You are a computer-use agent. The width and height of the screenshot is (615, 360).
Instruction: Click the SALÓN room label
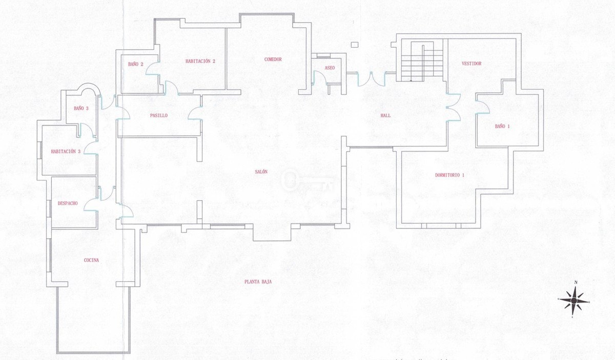click(x=261, y=172)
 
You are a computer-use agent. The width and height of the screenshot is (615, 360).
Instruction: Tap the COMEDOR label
click(x=273, y=59)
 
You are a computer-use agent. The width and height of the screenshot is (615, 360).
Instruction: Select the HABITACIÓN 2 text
click(x=200, y=61)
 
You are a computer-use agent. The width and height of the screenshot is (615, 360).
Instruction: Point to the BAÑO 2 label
click(x=136, y=64)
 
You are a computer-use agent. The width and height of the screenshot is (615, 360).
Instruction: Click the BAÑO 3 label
click(x=81, y=109)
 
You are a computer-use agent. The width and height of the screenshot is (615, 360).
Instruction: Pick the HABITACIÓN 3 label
click(x=66, y=152)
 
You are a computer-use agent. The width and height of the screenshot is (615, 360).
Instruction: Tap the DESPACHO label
click(x=68, y=203)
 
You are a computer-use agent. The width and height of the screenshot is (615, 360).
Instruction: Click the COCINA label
click(x=91, y=260)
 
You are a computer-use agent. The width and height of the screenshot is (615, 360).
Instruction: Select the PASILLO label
click(x=159, y=116)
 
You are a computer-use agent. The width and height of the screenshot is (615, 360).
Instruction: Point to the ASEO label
click(x=330, y=68)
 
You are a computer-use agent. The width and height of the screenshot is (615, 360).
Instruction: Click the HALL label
click(x=385, y=116)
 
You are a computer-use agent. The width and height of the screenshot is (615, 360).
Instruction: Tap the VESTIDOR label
click(x=471, y=63)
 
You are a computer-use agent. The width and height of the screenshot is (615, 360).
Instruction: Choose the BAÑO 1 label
click(x=502, y=126)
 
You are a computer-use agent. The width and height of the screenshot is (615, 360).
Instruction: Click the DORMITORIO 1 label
click(x=450, y=175)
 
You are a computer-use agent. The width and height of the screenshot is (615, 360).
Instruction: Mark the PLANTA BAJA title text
click(x=258, y=282)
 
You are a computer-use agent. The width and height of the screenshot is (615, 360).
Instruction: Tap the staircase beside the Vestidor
click(x=422, y=62)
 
